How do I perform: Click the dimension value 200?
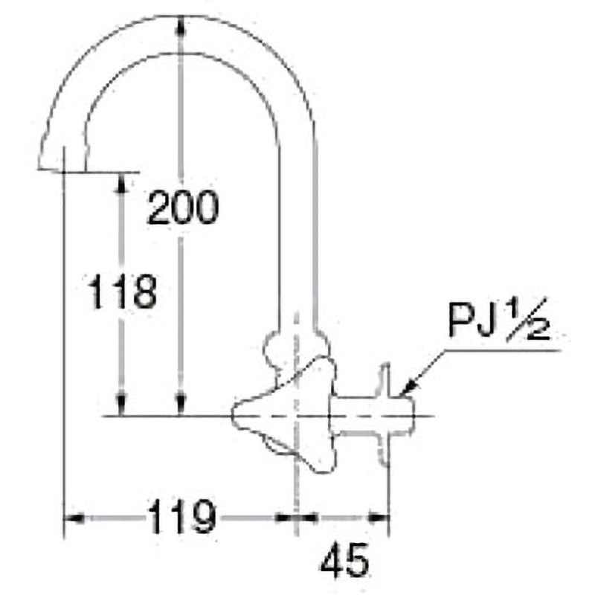(x=183, y=208)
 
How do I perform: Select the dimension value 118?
(x=122, y=291)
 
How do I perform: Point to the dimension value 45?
(x=344, y=560)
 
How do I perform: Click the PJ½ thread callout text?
(x=499, y=320)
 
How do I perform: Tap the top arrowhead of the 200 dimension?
(x=181, y=26)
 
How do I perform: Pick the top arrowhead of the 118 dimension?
(x=121, y=183)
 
